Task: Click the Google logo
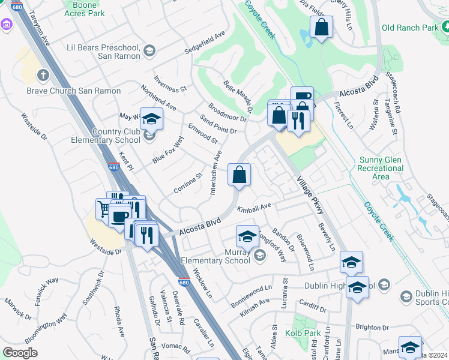tap(20, 352)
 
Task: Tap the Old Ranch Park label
tap(409, 28)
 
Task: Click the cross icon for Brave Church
tap(43, 76)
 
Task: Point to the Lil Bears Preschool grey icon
tap(148, 52)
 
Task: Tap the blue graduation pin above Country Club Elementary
tap(152, 118)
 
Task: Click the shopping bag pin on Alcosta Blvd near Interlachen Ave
tap(239, 175)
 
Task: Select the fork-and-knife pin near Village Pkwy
tap(298, 121)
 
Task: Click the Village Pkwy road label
tap(309, 194)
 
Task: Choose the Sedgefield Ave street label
tap(205, 39)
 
